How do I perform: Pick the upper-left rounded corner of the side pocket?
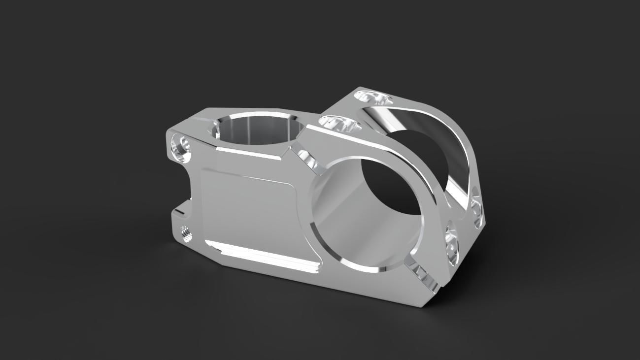[206, 172]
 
